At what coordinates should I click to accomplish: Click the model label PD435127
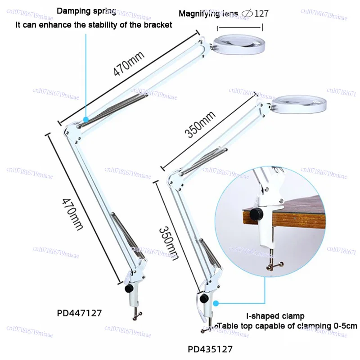coord(211,348)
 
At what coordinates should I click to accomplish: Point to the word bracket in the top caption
coord(157,25)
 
